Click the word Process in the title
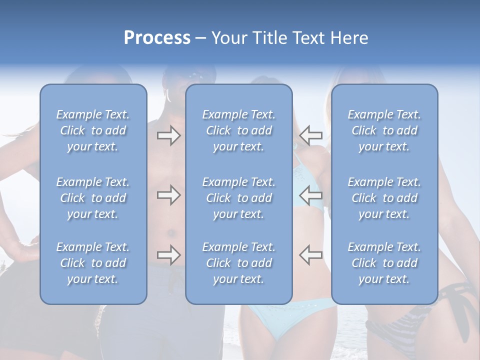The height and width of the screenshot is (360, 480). pyautogui.click(x=157, y=38)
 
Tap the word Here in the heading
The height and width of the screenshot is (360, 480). pyautogui.click(x=349, y=38)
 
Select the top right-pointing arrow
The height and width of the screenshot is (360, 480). pyautogui.click(x=168, y=135)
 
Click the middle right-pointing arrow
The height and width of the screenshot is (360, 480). pyautogui.click(x=168, y=195)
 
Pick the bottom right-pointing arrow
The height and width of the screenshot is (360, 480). pyautogui.click(x=168, y=255)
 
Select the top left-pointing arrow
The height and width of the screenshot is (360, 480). pyautogui.click(x=311, y=135)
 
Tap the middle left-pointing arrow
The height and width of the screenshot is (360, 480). pyautogui.click(x=311, y=195)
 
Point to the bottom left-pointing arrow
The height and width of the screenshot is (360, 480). pyautogui.click(x=311, y=255)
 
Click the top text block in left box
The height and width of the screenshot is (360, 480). pyautogui.click(x=93, y=130)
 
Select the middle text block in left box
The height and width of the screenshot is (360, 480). pyautogui.click(x=93, y=198)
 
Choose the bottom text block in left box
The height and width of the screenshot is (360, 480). pyautogui.click(x=93, y=263)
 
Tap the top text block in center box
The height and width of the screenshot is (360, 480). pyautogui.click(x=239, y=130)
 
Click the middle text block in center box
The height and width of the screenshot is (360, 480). pyautogui.click(x=239, y=198)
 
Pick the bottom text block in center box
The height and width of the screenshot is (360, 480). pyautogui.click(x=239, y=263)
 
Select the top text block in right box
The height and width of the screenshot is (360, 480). pyautogui.click(x=384, y=130)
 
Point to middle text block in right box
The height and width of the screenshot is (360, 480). pyautogui.click(x=384, y=198)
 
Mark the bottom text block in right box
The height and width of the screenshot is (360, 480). pyautogui.click(x=384, y=263)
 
